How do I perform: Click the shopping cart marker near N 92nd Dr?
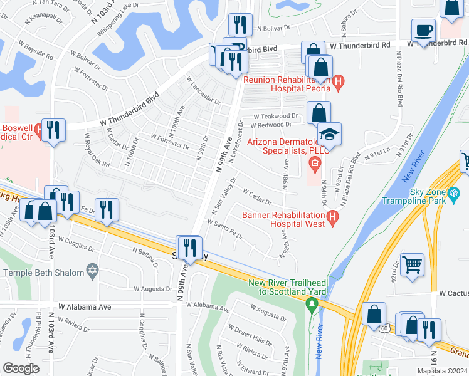[412, 265]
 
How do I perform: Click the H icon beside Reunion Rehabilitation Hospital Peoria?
[339, 81]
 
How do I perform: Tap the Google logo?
[21, 368]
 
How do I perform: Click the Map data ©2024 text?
[441, 371]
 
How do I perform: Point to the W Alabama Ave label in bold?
[84, 307]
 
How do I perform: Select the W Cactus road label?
[453, 293]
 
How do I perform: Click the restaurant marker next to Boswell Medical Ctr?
[53, 130]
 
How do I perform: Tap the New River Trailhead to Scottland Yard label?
[293, 286]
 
